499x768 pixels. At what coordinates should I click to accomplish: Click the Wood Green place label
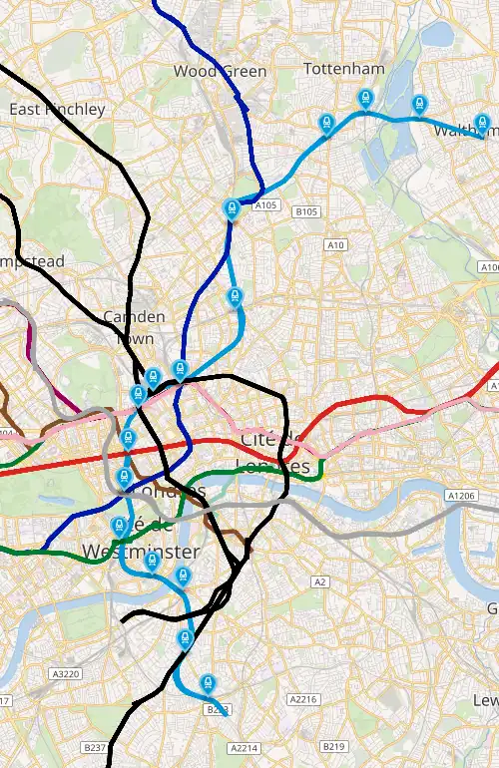tap(220, 71)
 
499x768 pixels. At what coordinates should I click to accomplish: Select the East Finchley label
tap(57, 110)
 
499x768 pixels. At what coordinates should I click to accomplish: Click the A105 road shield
tap(264, 205)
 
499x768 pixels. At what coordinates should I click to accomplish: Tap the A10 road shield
tap(336, 244)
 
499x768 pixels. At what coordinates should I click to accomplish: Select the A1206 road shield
tap(462, 496)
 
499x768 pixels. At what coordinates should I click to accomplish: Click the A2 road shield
tap(320, 581)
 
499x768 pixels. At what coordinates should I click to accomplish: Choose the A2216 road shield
tap(302, 699)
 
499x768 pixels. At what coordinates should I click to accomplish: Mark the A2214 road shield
tap(244, 747)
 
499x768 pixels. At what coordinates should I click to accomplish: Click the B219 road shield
tap(333, 746)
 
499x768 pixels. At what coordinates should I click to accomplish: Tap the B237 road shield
tap(95, 747)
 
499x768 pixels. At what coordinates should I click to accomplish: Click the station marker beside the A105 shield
tap(232, 208)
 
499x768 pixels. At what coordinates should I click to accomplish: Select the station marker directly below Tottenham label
tap(365, 98)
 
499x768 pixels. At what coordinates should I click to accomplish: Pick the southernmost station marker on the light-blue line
tap(208, 683)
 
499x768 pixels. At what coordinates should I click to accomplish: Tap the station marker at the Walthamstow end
tap(483, 125)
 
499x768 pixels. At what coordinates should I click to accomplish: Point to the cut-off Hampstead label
tap(32, 261)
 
